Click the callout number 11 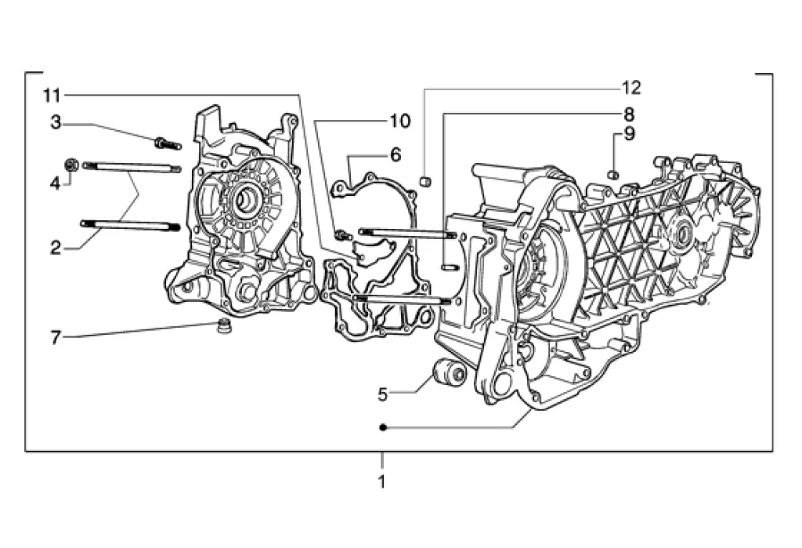click(52, 96)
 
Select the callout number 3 click(56, 122)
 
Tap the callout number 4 click(56, 183)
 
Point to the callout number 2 click(56, 249)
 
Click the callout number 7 click(56, 338)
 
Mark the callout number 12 click(631, 88)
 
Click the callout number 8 click(629, 114)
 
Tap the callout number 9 click(629, 134)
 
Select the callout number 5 click(383, 394)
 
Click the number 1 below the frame click(381, 482)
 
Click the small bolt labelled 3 click(168, 143)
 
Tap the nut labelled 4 click(71, 165)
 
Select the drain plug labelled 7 click(222, 327)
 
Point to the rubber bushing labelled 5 click(450, 373)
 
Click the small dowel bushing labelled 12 click(425, 181)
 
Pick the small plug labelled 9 click(614, 175)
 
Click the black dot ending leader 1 click(382, 427)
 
